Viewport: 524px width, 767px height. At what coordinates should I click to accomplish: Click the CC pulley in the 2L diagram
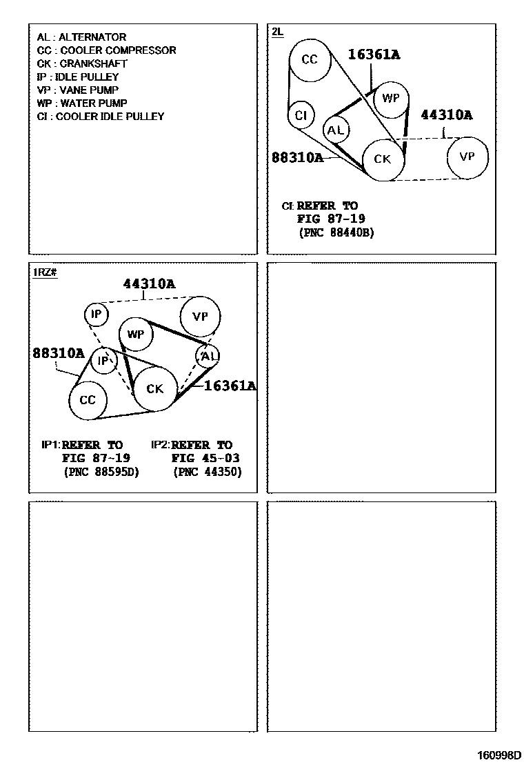tap(310, 60)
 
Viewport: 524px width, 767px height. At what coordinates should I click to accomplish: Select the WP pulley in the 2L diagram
tap(391, 99)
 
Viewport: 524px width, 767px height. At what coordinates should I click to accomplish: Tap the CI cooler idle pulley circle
tap(301, 115)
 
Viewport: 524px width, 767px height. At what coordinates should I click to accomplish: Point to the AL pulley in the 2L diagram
tap(336, 130)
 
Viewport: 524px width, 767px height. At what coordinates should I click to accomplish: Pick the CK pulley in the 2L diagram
tap(383, 159)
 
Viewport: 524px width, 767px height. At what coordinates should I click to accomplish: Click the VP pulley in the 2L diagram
tap(467, 157)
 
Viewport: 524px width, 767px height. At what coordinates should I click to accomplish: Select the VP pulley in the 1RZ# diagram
tap(200, 317)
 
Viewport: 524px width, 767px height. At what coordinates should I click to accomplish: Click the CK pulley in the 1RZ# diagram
tap(155, 389)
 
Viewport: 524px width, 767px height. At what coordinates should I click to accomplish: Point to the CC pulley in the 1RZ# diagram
tap(88, 400)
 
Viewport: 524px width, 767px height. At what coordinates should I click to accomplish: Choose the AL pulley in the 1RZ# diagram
tap(208, 356)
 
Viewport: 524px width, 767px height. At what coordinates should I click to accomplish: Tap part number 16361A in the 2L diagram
tap(374, 54)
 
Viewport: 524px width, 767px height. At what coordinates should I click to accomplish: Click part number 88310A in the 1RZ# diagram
tap(58, 354)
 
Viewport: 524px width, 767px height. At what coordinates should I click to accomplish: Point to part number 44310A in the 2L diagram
tap(447, 115)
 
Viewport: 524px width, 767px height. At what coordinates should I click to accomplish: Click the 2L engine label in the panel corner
tap(277, 32)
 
